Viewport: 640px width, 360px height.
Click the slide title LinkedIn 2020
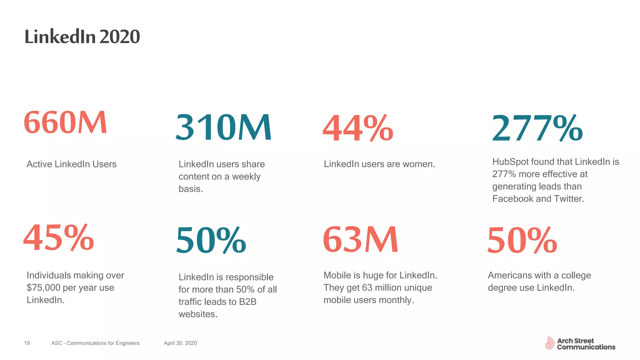point(82,37)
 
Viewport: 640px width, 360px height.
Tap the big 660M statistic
point(65,122)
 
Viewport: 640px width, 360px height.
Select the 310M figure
point(223,127)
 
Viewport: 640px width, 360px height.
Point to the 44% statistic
point(358,128)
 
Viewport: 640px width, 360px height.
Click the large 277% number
point(537,128)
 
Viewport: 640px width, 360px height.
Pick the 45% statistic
point(59,238)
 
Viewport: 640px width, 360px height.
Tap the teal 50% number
point(211,240)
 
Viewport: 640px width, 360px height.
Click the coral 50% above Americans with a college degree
point(522,240)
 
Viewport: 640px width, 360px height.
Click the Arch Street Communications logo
point(580,343)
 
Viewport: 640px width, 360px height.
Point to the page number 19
point(27,343)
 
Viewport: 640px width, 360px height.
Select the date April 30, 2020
point(180,343)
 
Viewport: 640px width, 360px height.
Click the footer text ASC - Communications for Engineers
point(95,343)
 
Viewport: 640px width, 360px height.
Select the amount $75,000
point(43,288)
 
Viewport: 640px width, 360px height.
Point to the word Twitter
point(569,199)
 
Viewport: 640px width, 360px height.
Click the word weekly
point(246,177)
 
